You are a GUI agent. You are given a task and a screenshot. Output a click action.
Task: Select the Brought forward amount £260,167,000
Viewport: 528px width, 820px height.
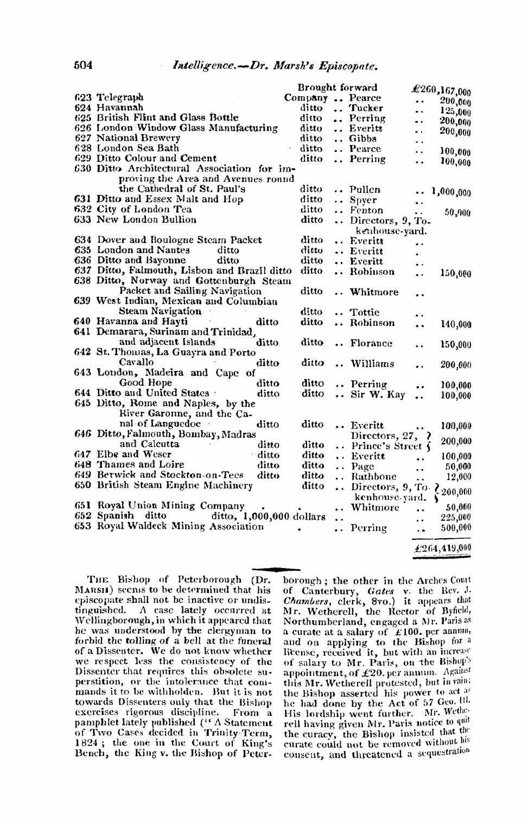coord(441,90)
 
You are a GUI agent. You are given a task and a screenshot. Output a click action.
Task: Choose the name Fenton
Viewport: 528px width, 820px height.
coord(366,210)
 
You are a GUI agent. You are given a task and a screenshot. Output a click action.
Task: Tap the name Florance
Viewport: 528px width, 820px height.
coord(371,343)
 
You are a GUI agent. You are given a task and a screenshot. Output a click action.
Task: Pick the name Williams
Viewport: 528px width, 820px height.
coord(372,363)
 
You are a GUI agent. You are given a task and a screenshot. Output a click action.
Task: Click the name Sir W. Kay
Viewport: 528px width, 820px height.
coord(378,394)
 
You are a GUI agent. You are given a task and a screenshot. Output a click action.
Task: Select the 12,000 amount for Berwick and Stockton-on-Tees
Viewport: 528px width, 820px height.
coord(458,477)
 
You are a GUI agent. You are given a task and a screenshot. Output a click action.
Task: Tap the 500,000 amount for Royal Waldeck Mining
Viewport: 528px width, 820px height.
coord(455,527)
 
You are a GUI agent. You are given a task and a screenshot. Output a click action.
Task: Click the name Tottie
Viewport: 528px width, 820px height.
coord(364,312)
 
